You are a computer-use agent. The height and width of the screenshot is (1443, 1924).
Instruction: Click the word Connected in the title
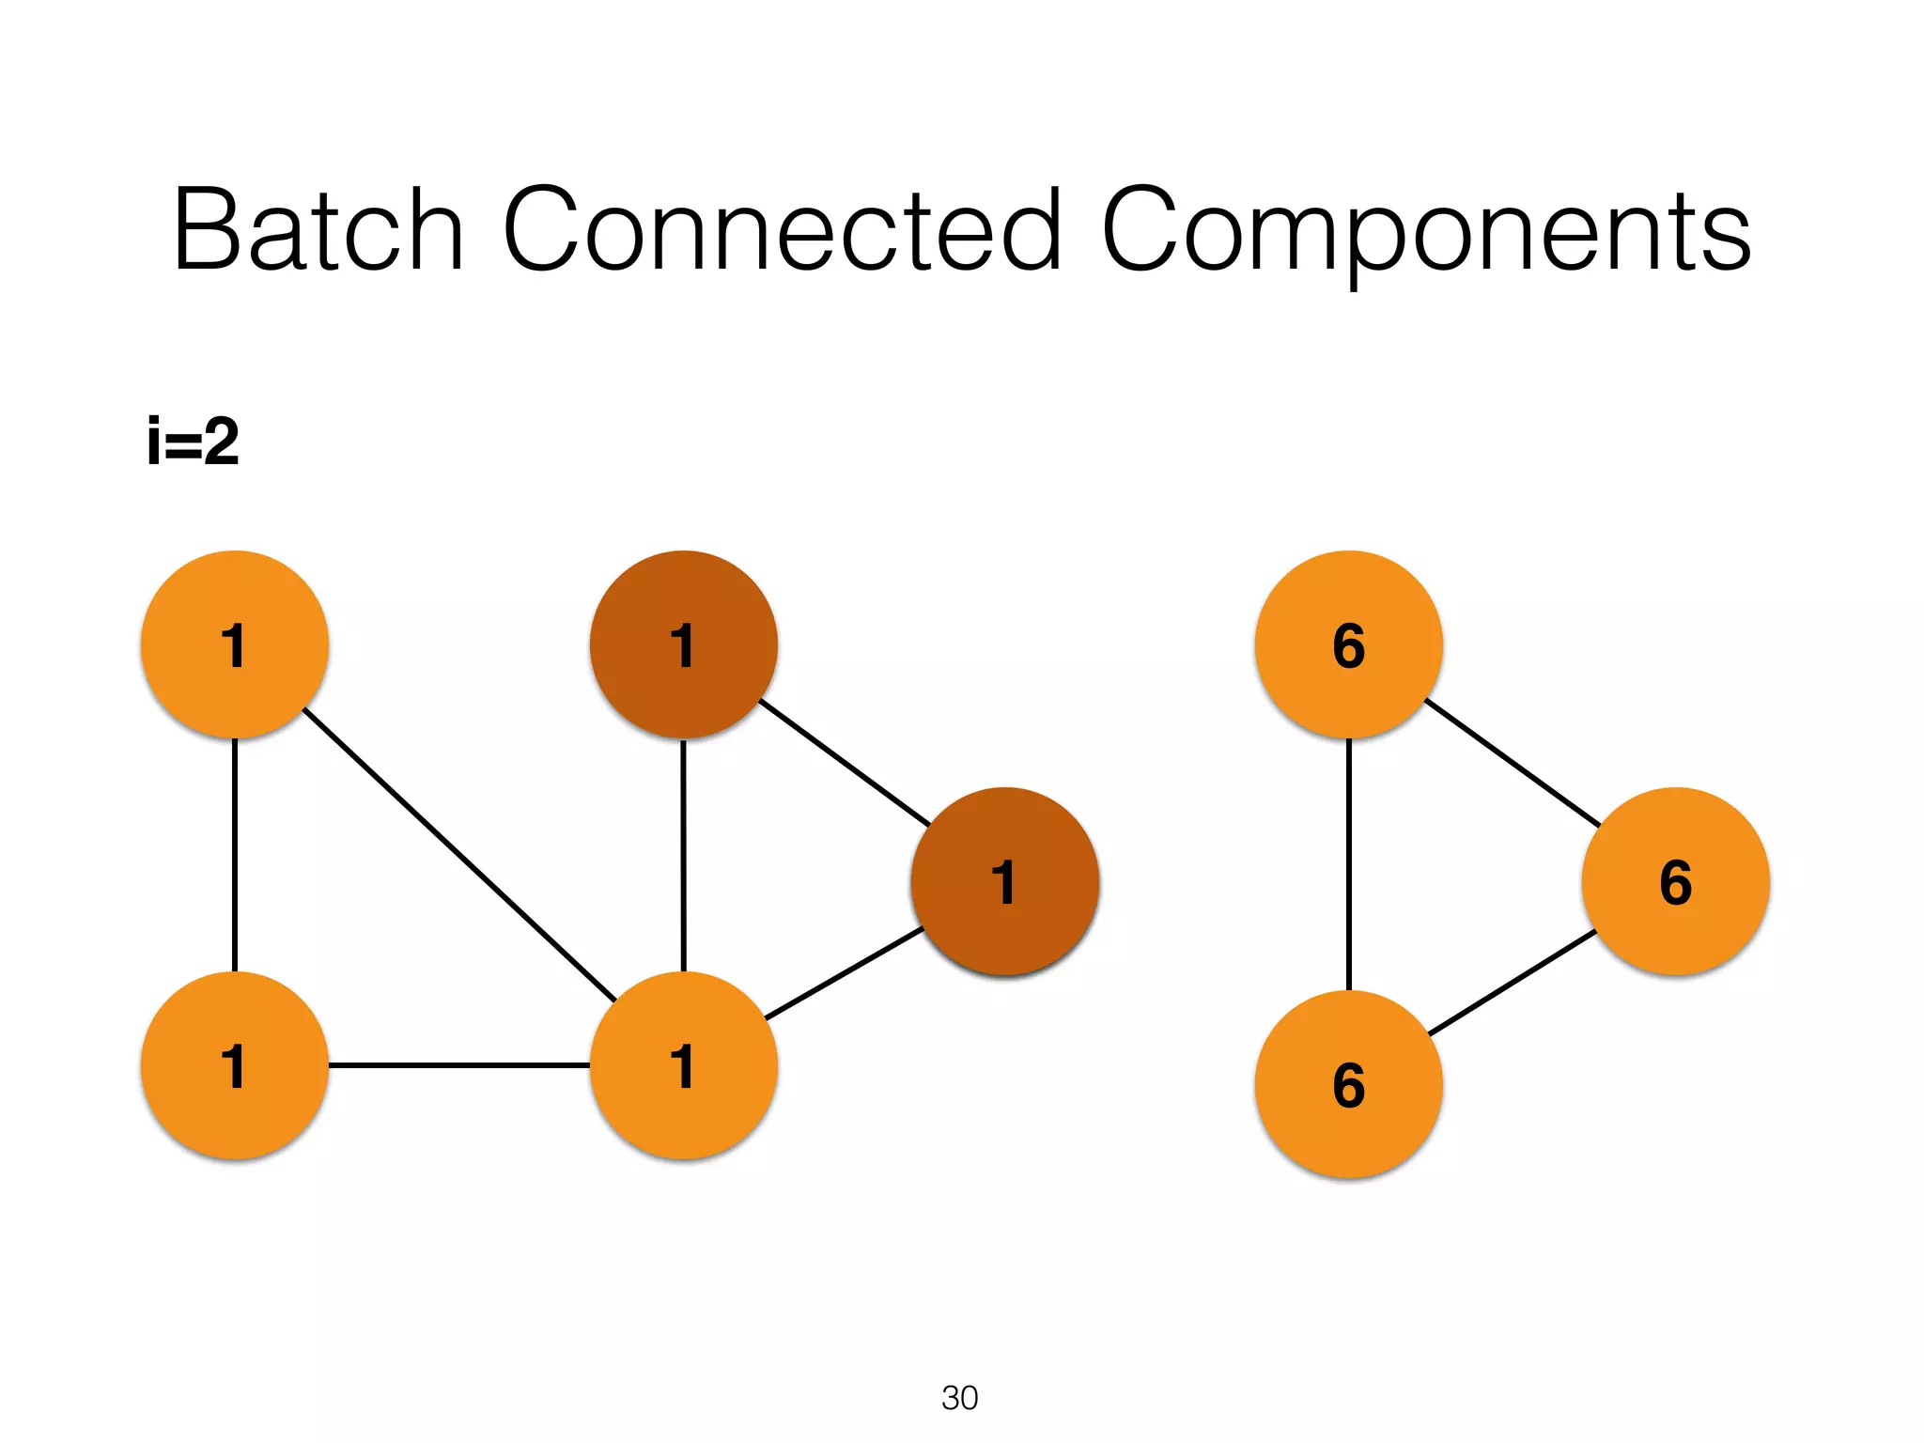tap(782, 230)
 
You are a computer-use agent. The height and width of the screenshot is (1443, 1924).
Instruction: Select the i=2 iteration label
tap(194, 442)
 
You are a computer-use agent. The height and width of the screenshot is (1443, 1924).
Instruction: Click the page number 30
tap(959, 1398)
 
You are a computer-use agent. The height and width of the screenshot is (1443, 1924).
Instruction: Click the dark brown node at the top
tap(683, 644)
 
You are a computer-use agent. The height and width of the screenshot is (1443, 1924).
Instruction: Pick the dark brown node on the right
tap(1004, 881)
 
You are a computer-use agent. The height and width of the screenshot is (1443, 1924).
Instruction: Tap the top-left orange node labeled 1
tap(234, 644)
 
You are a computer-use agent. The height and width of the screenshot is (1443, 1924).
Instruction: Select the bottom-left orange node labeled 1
tap(234, 1065)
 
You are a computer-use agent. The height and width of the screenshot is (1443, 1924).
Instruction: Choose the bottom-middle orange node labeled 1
tap(683, 1065)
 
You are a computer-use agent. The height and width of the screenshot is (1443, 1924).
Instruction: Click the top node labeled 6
tap(1348, 644)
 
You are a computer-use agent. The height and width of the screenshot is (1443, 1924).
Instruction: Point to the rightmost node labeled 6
tap(1675, 881)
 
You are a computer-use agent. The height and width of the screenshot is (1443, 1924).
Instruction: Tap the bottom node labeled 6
tap(1348, 1084)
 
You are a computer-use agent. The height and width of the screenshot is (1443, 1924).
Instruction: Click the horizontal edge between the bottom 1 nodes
tap(458, 1065)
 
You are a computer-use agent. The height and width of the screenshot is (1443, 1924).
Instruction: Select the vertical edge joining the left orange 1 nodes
tap(234, 855)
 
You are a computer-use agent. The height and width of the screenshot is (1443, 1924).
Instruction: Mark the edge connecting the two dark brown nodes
tap(844, 762)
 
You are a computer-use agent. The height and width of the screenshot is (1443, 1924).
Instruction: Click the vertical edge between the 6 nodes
tap(1348, 864)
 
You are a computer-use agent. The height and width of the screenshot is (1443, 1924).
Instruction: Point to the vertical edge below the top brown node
tap(683, 855)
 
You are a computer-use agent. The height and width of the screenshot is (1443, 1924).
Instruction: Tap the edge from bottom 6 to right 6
tap(1512, 983)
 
